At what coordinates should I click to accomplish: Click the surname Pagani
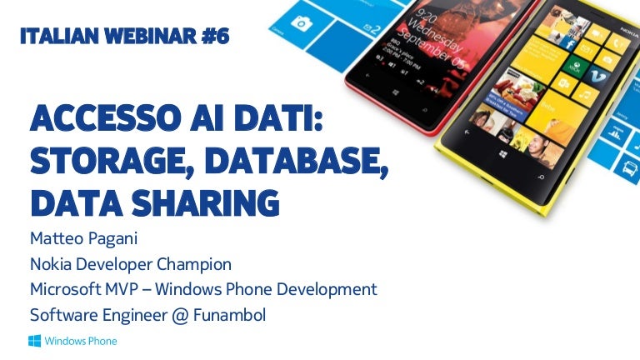[113, 238]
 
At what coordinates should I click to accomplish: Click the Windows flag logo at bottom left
[35, 340]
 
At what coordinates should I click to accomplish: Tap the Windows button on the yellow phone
[502, 155]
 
